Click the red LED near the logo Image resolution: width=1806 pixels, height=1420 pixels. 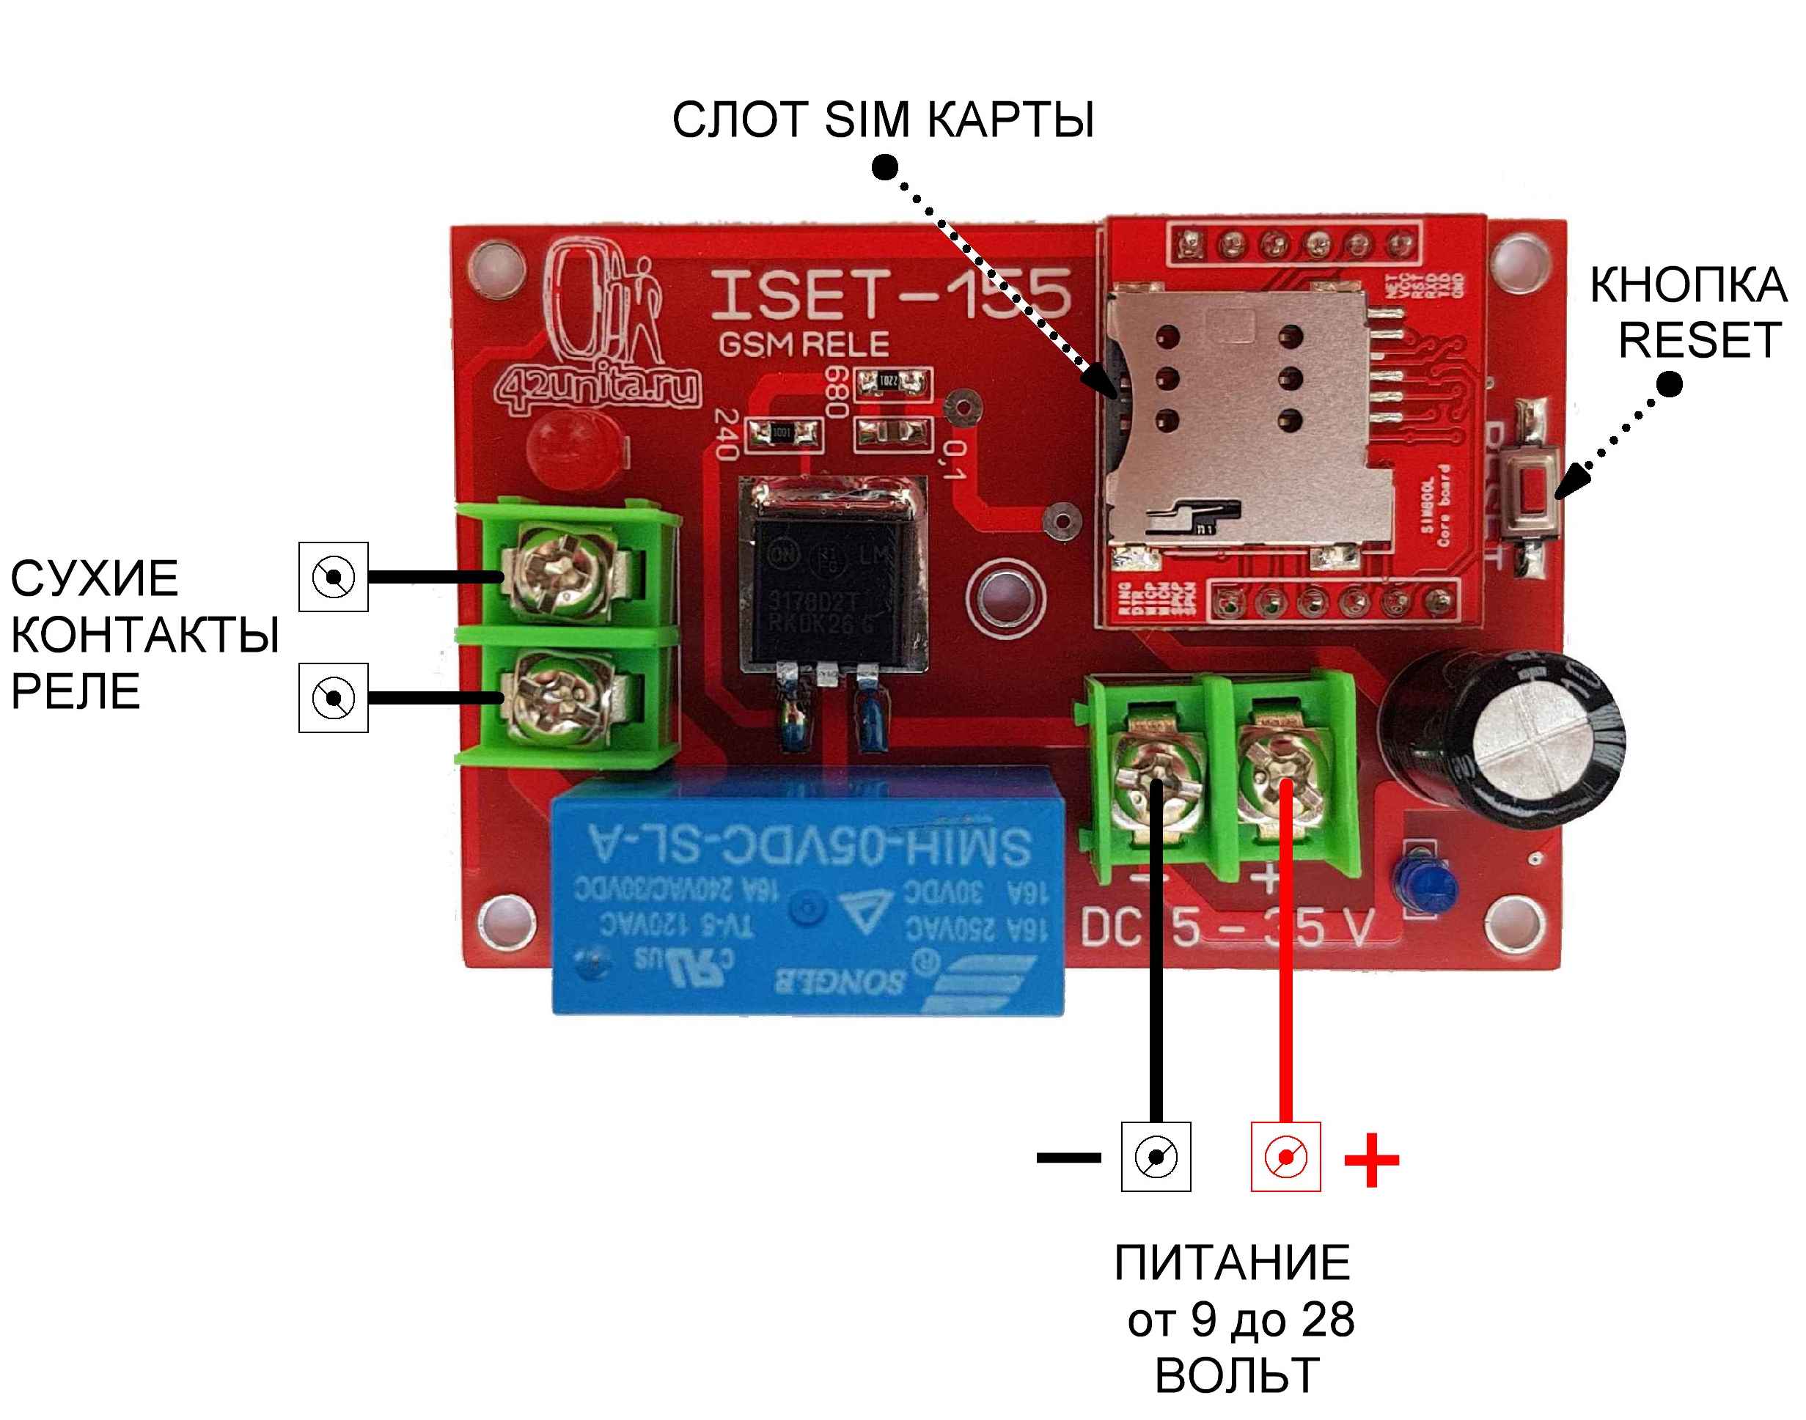pos(576,449)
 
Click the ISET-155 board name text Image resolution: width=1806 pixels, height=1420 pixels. pos(889,295)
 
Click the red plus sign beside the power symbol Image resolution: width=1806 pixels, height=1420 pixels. pos(1371,1159)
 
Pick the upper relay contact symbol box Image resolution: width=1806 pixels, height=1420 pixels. pos(334,577)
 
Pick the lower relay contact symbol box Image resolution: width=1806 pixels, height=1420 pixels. pos(334,697)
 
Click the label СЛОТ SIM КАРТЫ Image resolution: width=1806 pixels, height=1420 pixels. pos(882,119)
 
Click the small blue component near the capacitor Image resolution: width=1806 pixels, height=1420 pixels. pos(1427,886)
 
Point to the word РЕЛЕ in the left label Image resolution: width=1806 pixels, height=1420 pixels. pos(75,692)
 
